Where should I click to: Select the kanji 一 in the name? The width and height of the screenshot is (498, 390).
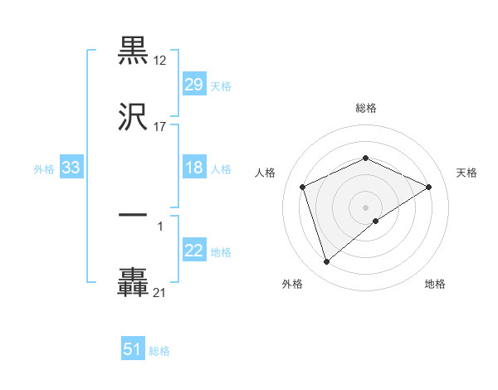134,214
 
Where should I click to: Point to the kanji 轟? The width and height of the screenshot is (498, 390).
134,282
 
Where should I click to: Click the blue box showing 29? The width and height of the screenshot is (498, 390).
193,85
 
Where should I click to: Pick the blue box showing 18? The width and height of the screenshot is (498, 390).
193,168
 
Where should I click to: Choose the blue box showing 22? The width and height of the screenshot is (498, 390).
193,251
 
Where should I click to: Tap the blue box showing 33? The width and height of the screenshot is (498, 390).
71,168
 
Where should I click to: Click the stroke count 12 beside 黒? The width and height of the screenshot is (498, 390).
160,61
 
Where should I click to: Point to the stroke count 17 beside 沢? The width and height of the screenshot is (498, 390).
160,127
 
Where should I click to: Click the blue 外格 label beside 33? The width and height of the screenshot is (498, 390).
44,169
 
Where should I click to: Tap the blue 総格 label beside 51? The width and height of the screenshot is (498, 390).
159,351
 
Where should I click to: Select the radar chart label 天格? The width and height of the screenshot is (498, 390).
466,173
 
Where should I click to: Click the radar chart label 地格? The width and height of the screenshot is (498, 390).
435,284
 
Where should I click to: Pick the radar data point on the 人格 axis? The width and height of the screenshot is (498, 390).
303,186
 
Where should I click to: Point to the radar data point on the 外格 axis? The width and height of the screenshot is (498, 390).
326,262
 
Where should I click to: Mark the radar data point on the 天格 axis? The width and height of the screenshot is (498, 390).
428,187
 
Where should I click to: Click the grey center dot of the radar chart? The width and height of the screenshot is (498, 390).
366,207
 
